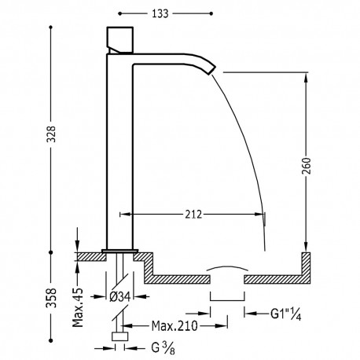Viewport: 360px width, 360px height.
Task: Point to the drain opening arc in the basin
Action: [228, 270]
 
